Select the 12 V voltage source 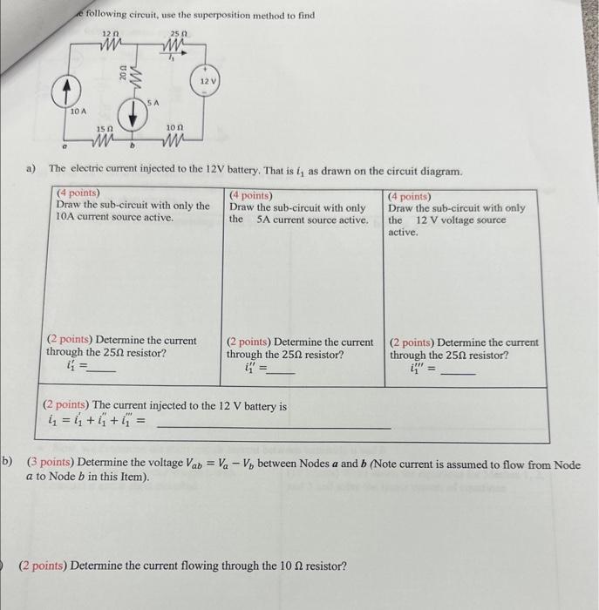click(208, 82)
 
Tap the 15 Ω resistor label click(104, 129)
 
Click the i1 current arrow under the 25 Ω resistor click(174, 56)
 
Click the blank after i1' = click(103, 369)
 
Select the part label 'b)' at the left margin click(7, 464)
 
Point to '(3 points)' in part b click(51, 464)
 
